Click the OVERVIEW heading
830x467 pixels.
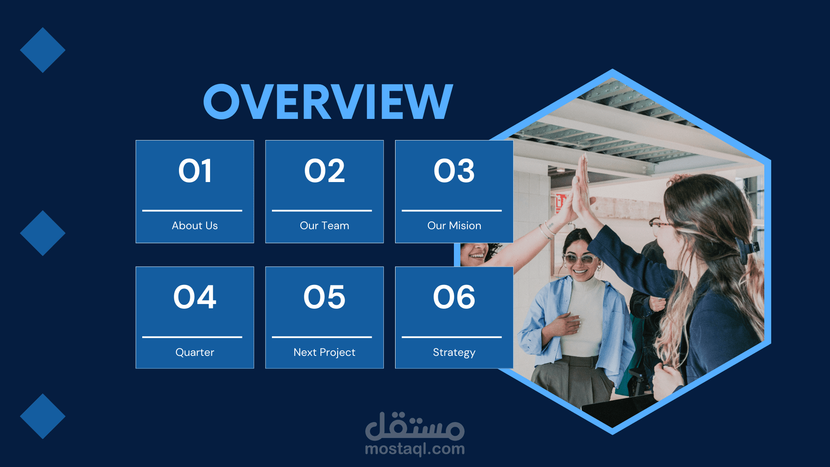click(x=328, y=102)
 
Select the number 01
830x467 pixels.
click(x=195, y=171)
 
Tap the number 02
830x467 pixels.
click(x=325, y=171)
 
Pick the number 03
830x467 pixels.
click(x=454, y=171)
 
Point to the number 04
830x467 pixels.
click(x=195, y=297)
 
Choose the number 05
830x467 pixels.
click(x=325, y=297)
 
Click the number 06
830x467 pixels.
click(x=454, y=297)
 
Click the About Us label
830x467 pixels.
click(x=195, y=226)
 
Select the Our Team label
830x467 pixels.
click(x=325, y=226)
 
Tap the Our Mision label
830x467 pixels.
click(x=454, y=226)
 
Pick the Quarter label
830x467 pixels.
click(x=195, y=352)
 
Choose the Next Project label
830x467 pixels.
click(x=325, y=352)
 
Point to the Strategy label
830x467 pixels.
click(x=454, y=353)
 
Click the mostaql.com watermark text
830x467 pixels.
click(x=415, y=449)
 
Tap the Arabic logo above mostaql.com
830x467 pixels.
click(x=415, y=425)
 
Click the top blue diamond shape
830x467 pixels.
click(x=43, y=50)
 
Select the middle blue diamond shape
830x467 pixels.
click(x=43, y=233)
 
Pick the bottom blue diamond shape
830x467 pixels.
click(x=43, y=416)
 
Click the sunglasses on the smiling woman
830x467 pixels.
click(x=580, y=259)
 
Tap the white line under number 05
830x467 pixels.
click(x=322, y=337)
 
